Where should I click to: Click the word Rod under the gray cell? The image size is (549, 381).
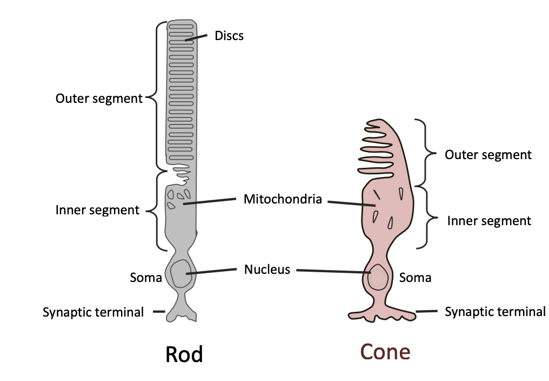(x=184, y=354)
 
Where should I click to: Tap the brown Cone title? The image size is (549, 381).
(x=385, y=352)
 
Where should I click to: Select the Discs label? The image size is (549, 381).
(x=229, y=36)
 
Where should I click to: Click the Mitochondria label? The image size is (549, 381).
(x=283, y=199)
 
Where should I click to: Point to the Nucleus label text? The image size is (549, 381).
(x=267, y=269)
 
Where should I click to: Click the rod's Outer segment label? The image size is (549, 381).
(x=99, y=98)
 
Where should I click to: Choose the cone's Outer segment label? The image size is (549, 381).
(x=488, y=155)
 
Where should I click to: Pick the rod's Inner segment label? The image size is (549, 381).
(x=97, y=210)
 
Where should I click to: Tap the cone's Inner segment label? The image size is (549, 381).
(x=489, y=221)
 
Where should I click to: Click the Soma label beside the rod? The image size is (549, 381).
(x=146, y=278)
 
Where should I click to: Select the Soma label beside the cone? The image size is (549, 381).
(x=415, y=278)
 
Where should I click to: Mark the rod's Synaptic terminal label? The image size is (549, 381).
(x=93, y=312)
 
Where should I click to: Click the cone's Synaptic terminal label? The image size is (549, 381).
(x=495, y=312)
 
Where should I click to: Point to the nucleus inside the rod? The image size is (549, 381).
(x=180, y=274)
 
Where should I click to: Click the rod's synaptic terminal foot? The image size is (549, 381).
(x=181, y=314)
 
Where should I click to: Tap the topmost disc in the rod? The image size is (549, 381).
(x=181, y=25)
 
